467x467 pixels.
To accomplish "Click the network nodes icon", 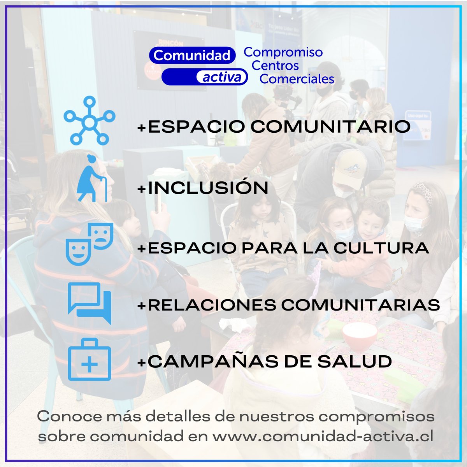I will point(90,121).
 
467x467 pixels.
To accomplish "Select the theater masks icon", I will point(90,244).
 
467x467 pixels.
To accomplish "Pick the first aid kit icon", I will point(90,360).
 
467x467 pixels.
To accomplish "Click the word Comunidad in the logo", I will point(192,55).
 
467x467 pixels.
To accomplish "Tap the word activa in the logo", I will point(222,77).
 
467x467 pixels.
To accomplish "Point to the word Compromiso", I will point(283,52).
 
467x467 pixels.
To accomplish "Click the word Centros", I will point(275,65).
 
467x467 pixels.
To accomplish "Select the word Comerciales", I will point(297,79).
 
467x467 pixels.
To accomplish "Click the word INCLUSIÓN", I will point(208,188).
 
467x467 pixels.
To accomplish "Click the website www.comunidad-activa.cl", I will point(323,436).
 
